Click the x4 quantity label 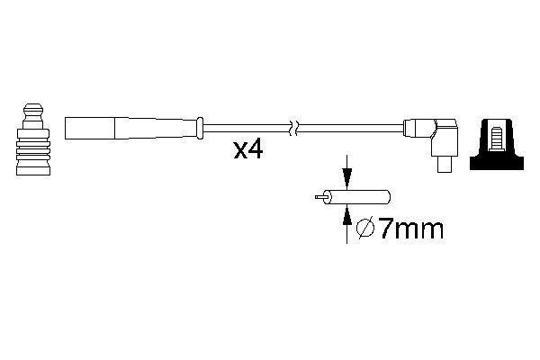247,149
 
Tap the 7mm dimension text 409,229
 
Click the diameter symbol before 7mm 366,229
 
